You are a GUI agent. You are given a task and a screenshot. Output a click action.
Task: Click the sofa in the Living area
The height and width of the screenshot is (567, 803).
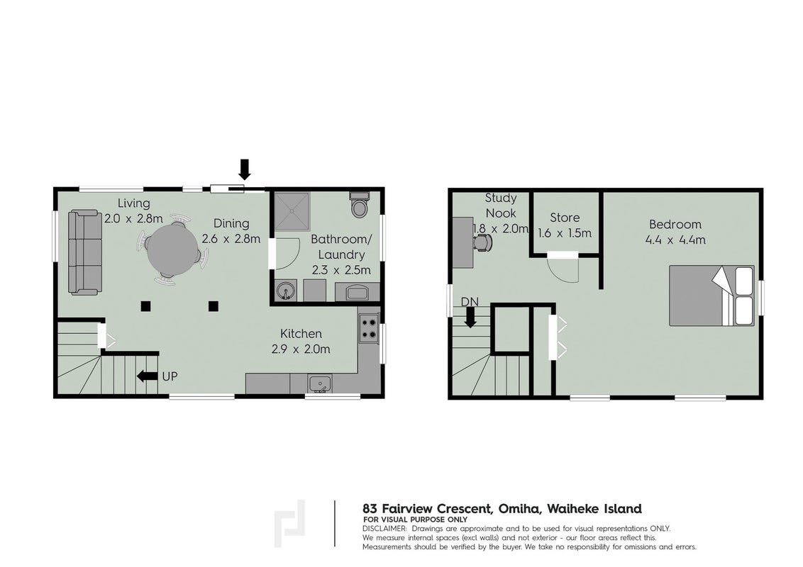(x=84, y=252)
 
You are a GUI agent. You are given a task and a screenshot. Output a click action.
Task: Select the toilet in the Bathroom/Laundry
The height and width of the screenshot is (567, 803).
(x=360, y=205)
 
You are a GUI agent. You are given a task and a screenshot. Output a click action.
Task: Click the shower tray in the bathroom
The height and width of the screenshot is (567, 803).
(x=292, y=211)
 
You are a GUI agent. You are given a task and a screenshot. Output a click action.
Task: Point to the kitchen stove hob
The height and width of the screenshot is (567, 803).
(x=368, y=329)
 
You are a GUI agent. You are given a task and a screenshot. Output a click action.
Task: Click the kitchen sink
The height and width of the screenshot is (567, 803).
(x=320, y=384)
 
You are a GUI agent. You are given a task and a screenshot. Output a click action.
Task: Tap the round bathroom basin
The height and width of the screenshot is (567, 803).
(x=284, y=292)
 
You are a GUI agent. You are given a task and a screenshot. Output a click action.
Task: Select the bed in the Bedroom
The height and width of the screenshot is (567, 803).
(x=711, y=296)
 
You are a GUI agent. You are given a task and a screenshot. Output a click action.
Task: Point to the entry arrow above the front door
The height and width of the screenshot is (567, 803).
(x=245, y=169)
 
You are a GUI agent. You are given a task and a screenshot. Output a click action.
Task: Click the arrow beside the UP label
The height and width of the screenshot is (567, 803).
(x=148, y=376)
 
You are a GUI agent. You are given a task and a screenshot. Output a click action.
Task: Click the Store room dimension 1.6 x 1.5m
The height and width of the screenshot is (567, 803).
(x=565, y=233)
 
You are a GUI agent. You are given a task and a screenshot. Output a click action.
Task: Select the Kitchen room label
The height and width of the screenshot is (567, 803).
(x=301, y=334)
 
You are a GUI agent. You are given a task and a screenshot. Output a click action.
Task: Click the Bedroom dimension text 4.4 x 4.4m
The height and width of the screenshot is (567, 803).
(x=675, y=240)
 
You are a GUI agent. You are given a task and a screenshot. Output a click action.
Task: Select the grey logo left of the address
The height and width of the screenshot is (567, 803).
(x=289, y=524)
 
